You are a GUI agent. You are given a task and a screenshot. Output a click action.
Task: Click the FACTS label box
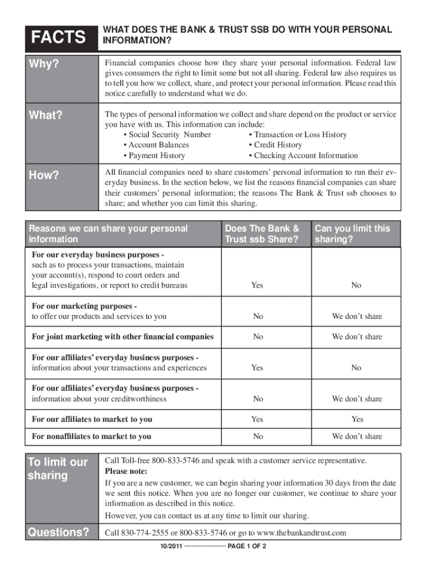(x=59, y=38)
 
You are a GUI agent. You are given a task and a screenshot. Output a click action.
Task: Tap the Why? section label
(x=44, y=64)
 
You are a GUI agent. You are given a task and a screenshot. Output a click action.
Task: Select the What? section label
(x=46, y=115)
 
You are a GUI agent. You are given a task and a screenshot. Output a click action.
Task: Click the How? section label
(x=44, y=175)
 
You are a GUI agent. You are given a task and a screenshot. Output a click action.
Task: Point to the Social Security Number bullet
(x=168, y=135)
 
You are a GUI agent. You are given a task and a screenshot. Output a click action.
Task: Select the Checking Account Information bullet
(x=303, y=155)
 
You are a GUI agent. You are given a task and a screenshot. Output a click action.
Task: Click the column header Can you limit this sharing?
(x=352, y=234)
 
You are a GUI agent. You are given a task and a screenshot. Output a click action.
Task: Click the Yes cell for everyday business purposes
(x=257, y=285)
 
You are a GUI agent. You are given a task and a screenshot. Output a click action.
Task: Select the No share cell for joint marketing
(x=258, y=336)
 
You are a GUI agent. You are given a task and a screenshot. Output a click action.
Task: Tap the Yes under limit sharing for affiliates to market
(x=357, y=419)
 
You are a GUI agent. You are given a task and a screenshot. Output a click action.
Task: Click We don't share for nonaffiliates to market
(x=357, y=436)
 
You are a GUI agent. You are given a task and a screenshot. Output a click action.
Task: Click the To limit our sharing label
(x=58, y=469)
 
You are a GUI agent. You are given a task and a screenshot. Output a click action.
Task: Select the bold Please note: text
(x=126, y=471)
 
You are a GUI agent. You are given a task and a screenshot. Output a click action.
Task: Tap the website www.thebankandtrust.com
(x=302, y=533)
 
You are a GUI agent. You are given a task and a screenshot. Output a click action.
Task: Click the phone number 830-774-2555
(x=147, y=533)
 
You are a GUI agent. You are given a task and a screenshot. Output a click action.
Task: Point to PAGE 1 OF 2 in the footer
(x=248, y=547)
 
